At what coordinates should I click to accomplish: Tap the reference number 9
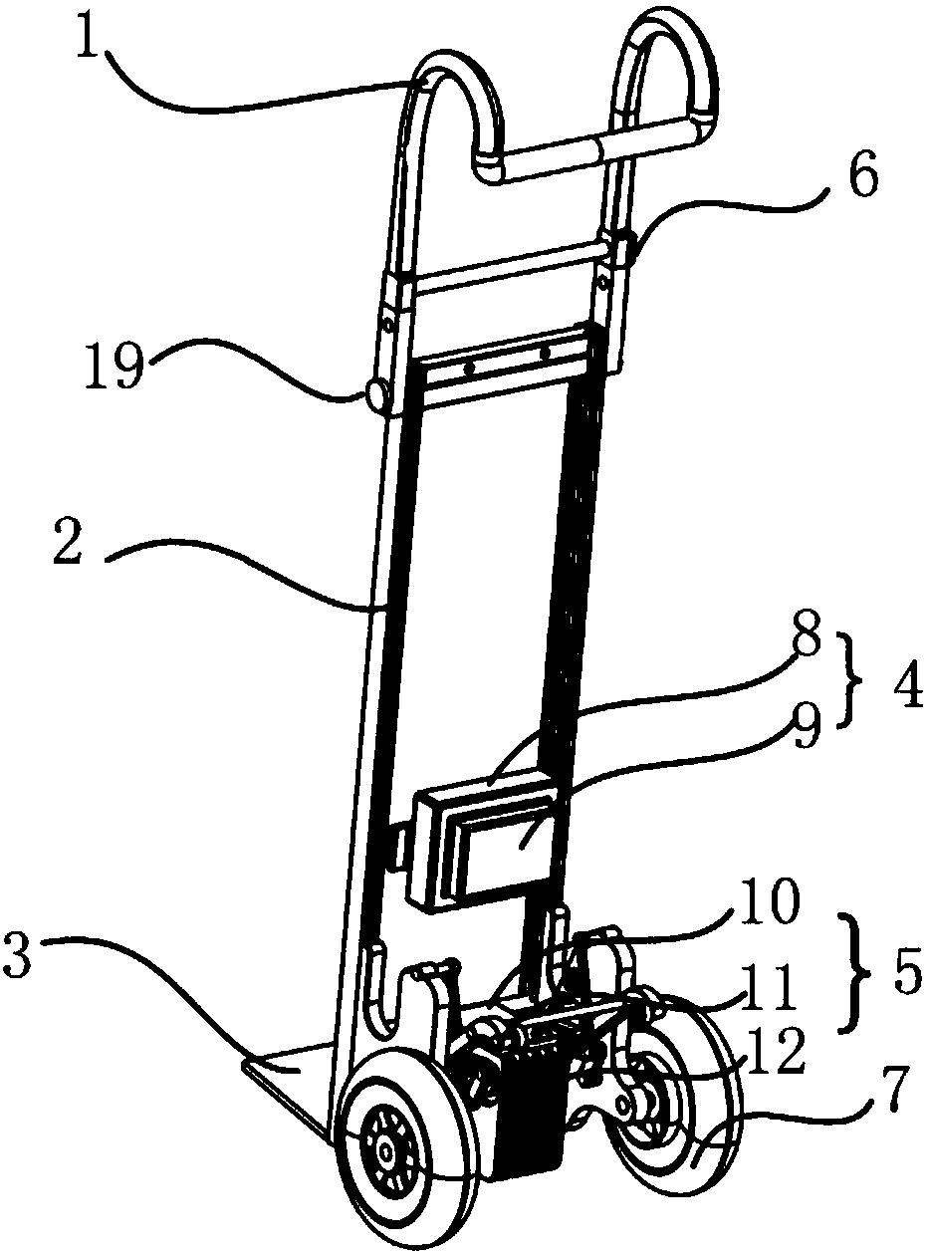tap(805, 729)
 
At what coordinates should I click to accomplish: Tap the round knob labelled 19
tap(377, 395)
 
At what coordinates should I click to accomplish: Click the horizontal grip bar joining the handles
tap(588, 150)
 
